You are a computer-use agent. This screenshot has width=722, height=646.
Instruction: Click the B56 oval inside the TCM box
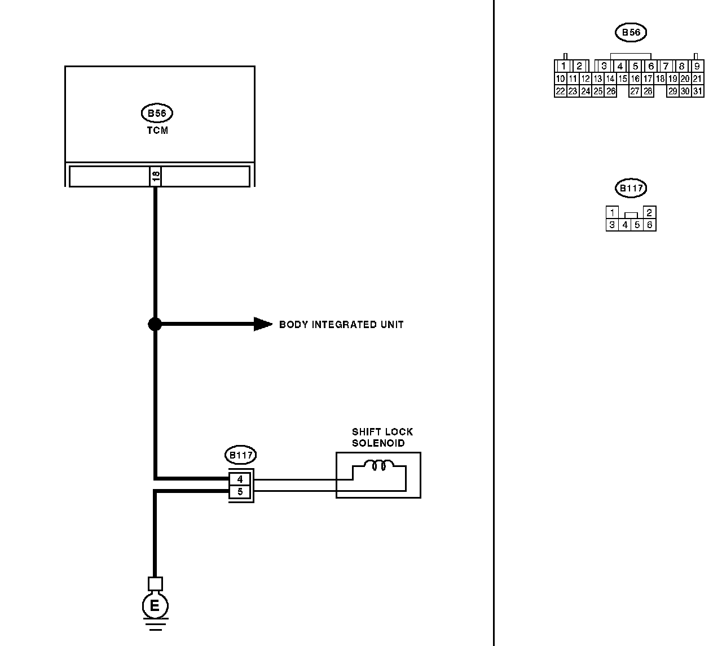click(156, 113)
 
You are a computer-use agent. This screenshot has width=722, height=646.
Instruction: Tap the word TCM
click(157, 130)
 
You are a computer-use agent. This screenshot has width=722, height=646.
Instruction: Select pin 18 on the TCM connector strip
click(156, 176)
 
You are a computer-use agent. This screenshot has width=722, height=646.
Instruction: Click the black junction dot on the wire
click(155, 324)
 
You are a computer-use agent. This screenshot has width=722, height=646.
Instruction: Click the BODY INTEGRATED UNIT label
click(341, 325)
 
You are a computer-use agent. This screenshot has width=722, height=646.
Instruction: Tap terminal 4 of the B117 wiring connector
click(240, 479)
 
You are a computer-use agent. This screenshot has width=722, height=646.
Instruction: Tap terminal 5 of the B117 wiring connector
click(240, 492)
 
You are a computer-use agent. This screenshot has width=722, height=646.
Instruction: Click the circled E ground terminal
click(155, 606)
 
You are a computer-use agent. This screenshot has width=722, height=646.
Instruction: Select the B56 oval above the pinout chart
click(631, 33)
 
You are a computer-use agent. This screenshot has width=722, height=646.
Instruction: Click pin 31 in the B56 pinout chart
click(698, 91)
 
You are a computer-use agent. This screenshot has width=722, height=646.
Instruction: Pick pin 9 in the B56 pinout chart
click(697, 66)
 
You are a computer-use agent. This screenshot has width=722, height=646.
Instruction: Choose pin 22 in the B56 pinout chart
click(560, 91)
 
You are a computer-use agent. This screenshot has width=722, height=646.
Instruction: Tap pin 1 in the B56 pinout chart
click(564, 66)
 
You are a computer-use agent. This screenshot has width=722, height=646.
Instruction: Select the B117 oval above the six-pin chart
click(631, 188)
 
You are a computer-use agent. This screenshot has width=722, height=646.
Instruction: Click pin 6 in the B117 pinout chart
click(650, 225)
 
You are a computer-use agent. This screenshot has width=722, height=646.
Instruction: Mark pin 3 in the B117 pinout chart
click(612, 225)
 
